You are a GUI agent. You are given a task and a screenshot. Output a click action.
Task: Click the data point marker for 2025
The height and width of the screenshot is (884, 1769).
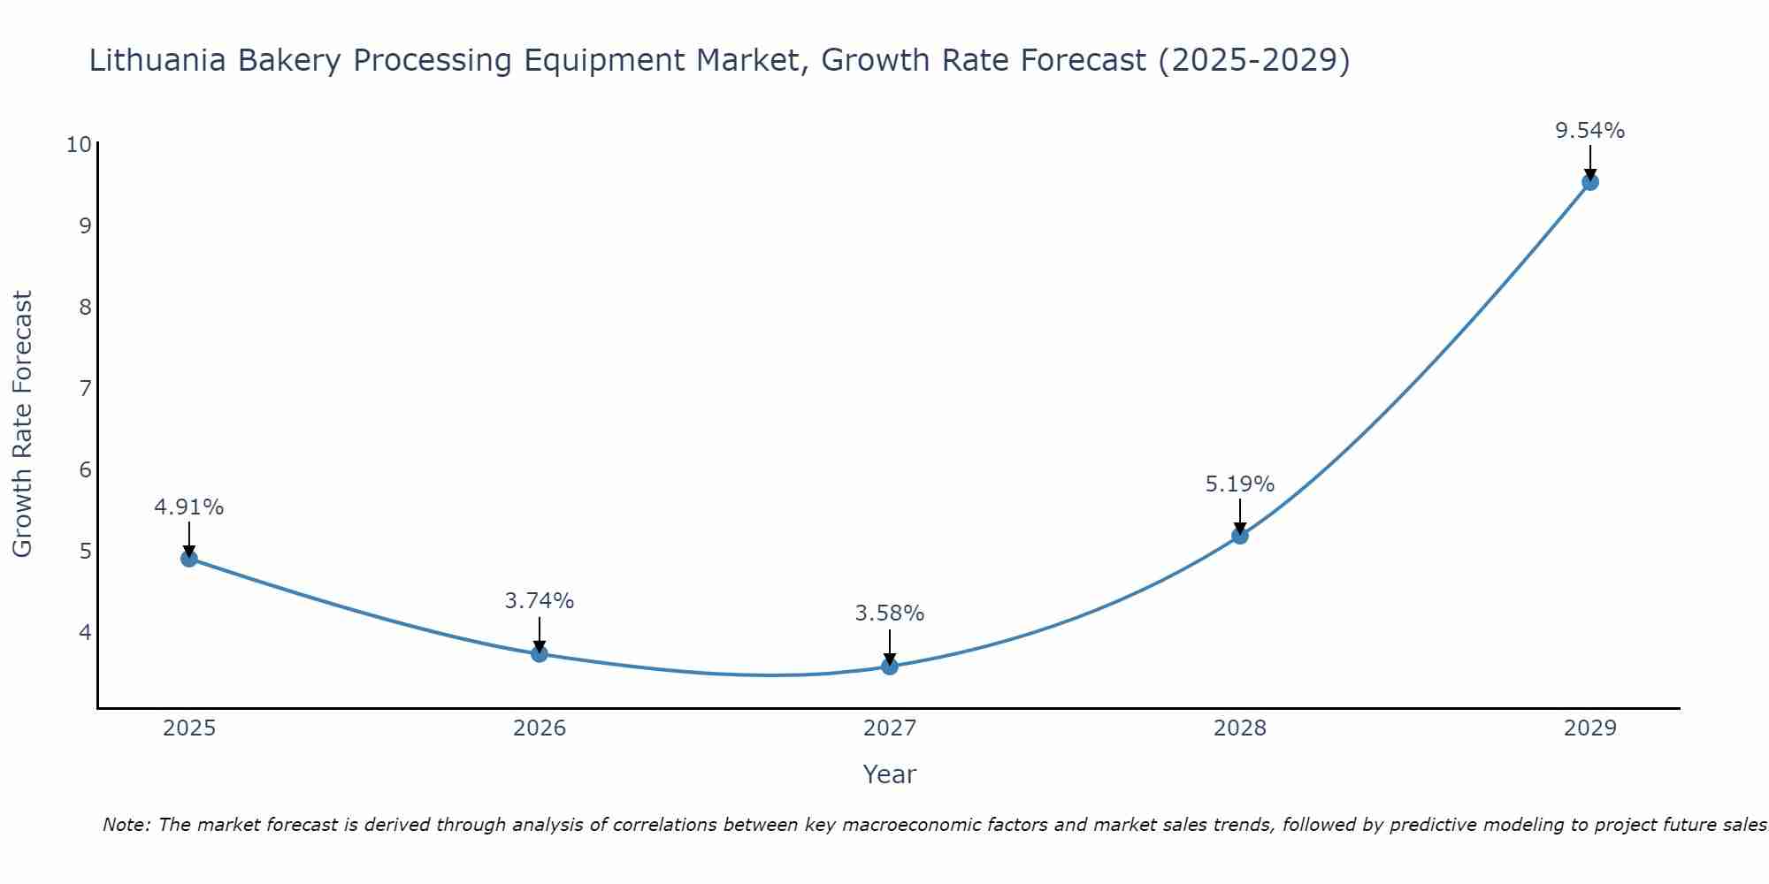click(189, 559)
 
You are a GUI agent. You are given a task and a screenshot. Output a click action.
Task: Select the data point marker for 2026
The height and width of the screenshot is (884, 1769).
click(540, 654)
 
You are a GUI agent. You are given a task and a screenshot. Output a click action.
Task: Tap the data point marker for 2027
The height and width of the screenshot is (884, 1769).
click(890, 667)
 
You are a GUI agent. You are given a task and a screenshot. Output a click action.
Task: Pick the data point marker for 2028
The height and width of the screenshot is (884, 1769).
click(1240, 536)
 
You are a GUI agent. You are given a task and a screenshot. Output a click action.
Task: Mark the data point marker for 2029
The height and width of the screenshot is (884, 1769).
click(1590, 182)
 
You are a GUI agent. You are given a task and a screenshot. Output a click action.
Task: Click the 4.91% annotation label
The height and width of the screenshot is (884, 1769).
click(189, 507)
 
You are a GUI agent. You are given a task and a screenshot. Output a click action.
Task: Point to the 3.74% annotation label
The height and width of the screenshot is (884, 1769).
click(540, 601)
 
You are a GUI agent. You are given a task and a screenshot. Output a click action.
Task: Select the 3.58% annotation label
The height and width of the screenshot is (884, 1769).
click(890, 613)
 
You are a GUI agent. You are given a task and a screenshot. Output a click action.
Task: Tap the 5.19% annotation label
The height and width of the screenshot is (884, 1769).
click(1240, 484)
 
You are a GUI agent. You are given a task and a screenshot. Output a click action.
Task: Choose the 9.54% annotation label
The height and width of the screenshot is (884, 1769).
click(1590, 131)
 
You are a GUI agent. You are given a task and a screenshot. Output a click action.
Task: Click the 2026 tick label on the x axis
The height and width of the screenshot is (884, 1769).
click(540, 728)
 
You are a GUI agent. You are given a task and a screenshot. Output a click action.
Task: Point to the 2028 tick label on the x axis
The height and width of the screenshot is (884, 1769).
click(1240, 728)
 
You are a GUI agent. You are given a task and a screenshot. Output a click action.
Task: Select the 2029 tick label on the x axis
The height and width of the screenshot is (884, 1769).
click(1590, 728)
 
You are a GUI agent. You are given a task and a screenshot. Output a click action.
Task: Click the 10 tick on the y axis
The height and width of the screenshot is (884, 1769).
click(79, 144)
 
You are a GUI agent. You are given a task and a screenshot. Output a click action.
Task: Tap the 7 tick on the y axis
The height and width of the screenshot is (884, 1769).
click(85, 388)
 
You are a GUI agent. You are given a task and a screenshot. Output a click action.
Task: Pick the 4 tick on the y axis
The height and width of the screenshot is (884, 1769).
click(85, 632)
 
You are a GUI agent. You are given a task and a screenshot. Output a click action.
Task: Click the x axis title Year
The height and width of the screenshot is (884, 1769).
click(890, 774)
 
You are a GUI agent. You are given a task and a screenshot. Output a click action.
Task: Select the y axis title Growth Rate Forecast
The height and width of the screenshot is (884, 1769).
click(23, 424)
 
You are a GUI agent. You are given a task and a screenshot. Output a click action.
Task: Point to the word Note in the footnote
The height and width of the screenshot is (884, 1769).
click(126, 825)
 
